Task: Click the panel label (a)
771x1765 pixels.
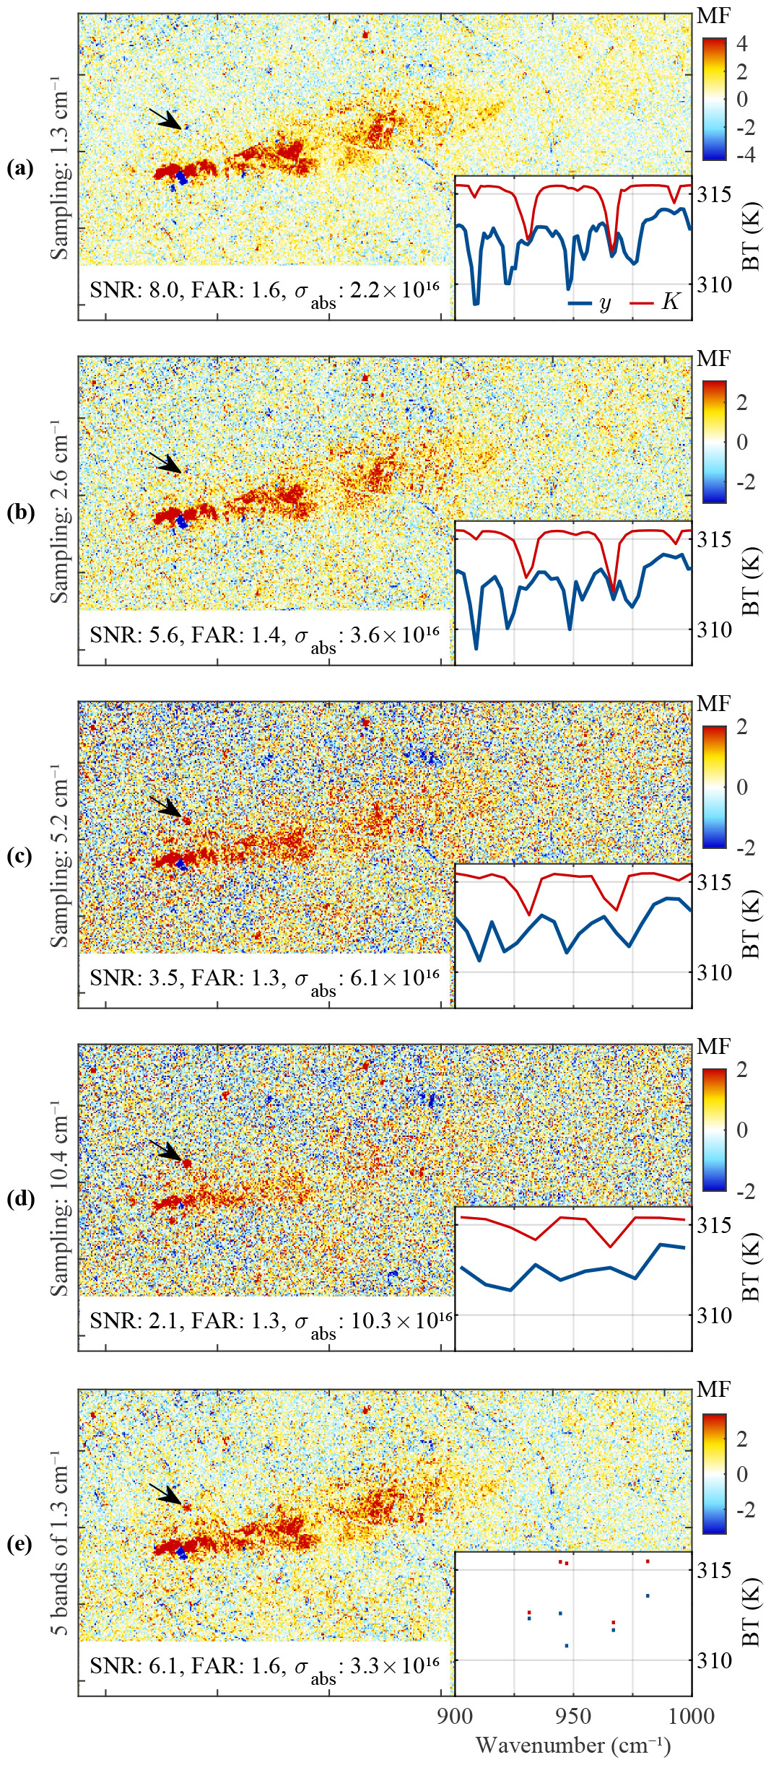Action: tap(19, 168)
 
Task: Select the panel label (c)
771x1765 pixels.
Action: tap(19, 855)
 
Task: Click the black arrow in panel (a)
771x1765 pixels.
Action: tap(165, 119)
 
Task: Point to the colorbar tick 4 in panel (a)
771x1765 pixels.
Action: tap(741, 43)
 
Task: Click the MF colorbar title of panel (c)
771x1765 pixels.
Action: tap(713, 703)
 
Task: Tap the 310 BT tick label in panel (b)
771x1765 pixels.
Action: tap(714, 629)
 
